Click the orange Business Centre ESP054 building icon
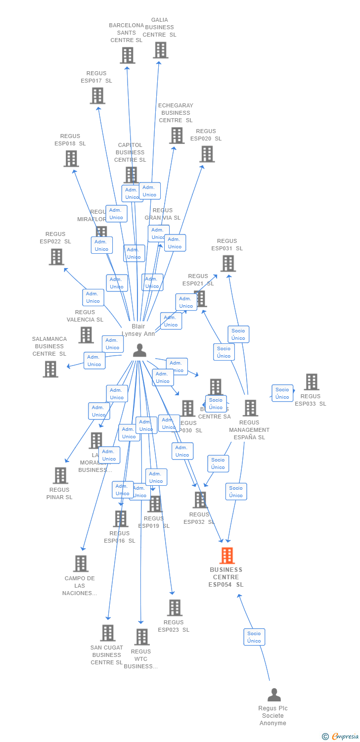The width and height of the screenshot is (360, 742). coord(227,556)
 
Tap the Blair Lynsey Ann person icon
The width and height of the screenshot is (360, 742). coord(140,350)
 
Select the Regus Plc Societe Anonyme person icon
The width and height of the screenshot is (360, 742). coord(274,695)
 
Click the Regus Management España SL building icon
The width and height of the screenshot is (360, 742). coord(250,408)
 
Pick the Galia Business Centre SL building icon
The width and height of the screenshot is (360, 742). coord(160,50)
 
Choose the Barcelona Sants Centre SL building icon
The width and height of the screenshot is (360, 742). coord(127,55)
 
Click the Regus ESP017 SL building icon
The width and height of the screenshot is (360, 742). coord(97,95)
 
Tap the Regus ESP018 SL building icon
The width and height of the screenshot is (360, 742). coord(71,158)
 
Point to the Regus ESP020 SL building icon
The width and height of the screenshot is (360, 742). coord(207,154)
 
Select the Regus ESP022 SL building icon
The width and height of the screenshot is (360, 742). coord(56,257)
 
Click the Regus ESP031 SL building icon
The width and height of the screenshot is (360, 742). coord(227,263)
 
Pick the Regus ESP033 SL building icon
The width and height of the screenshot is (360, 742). coord(312,382)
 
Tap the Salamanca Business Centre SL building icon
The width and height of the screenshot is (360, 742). coord(50,369)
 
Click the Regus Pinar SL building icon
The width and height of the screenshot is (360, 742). coord(60,475)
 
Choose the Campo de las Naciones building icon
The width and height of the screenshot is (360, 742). coord(81,563)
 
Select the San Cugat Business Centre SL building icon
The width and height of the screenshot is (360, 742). coord(108,633)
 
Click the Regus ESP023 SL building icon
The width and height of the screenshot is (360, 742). coord(175,607)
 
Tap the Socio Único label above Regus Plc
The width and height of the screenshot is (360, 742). coord(254,637)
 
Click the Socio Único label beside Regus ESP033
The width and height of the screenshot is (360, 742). coord(282,393)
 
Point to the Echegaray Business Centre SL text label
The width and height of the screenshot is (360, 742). coord(176,113)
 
